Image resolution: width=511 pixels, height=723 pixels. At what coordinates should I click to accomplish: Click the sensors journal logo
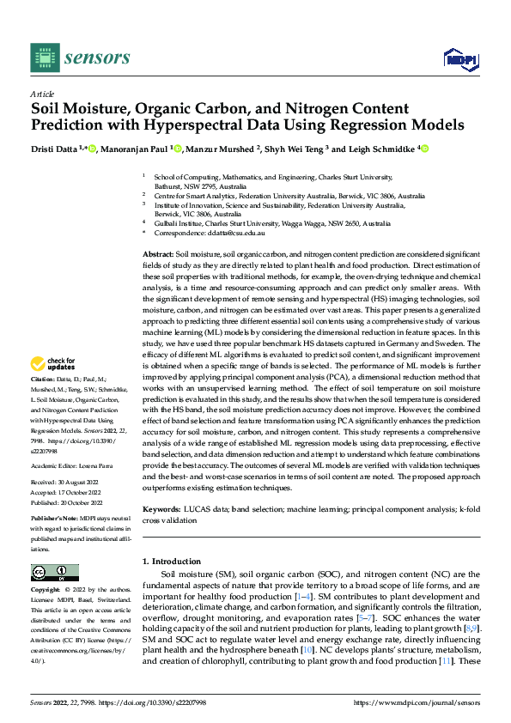click(x=80, y=58)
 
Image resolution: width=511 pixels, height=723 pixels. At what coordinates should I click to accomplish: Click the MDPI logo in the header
click(x=459, y=58)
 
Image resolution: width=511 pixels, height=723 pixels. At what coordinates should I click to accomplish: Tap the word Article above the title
click(x=42, y=94)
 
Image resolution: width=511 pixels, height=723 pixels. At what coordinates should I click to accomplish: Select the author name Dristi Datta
click(x=58, y=149)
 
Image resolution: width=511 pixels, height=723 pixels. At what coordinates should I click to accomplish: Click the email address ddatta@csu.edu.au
click(x=237, y=233)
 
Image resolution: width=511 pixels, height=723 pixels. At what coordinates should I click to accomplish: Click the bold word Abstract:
click(x=157, y=256)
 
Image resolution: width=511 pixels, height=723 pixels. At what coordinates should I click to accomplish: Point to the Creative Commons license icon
click(x=54, y=572)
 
